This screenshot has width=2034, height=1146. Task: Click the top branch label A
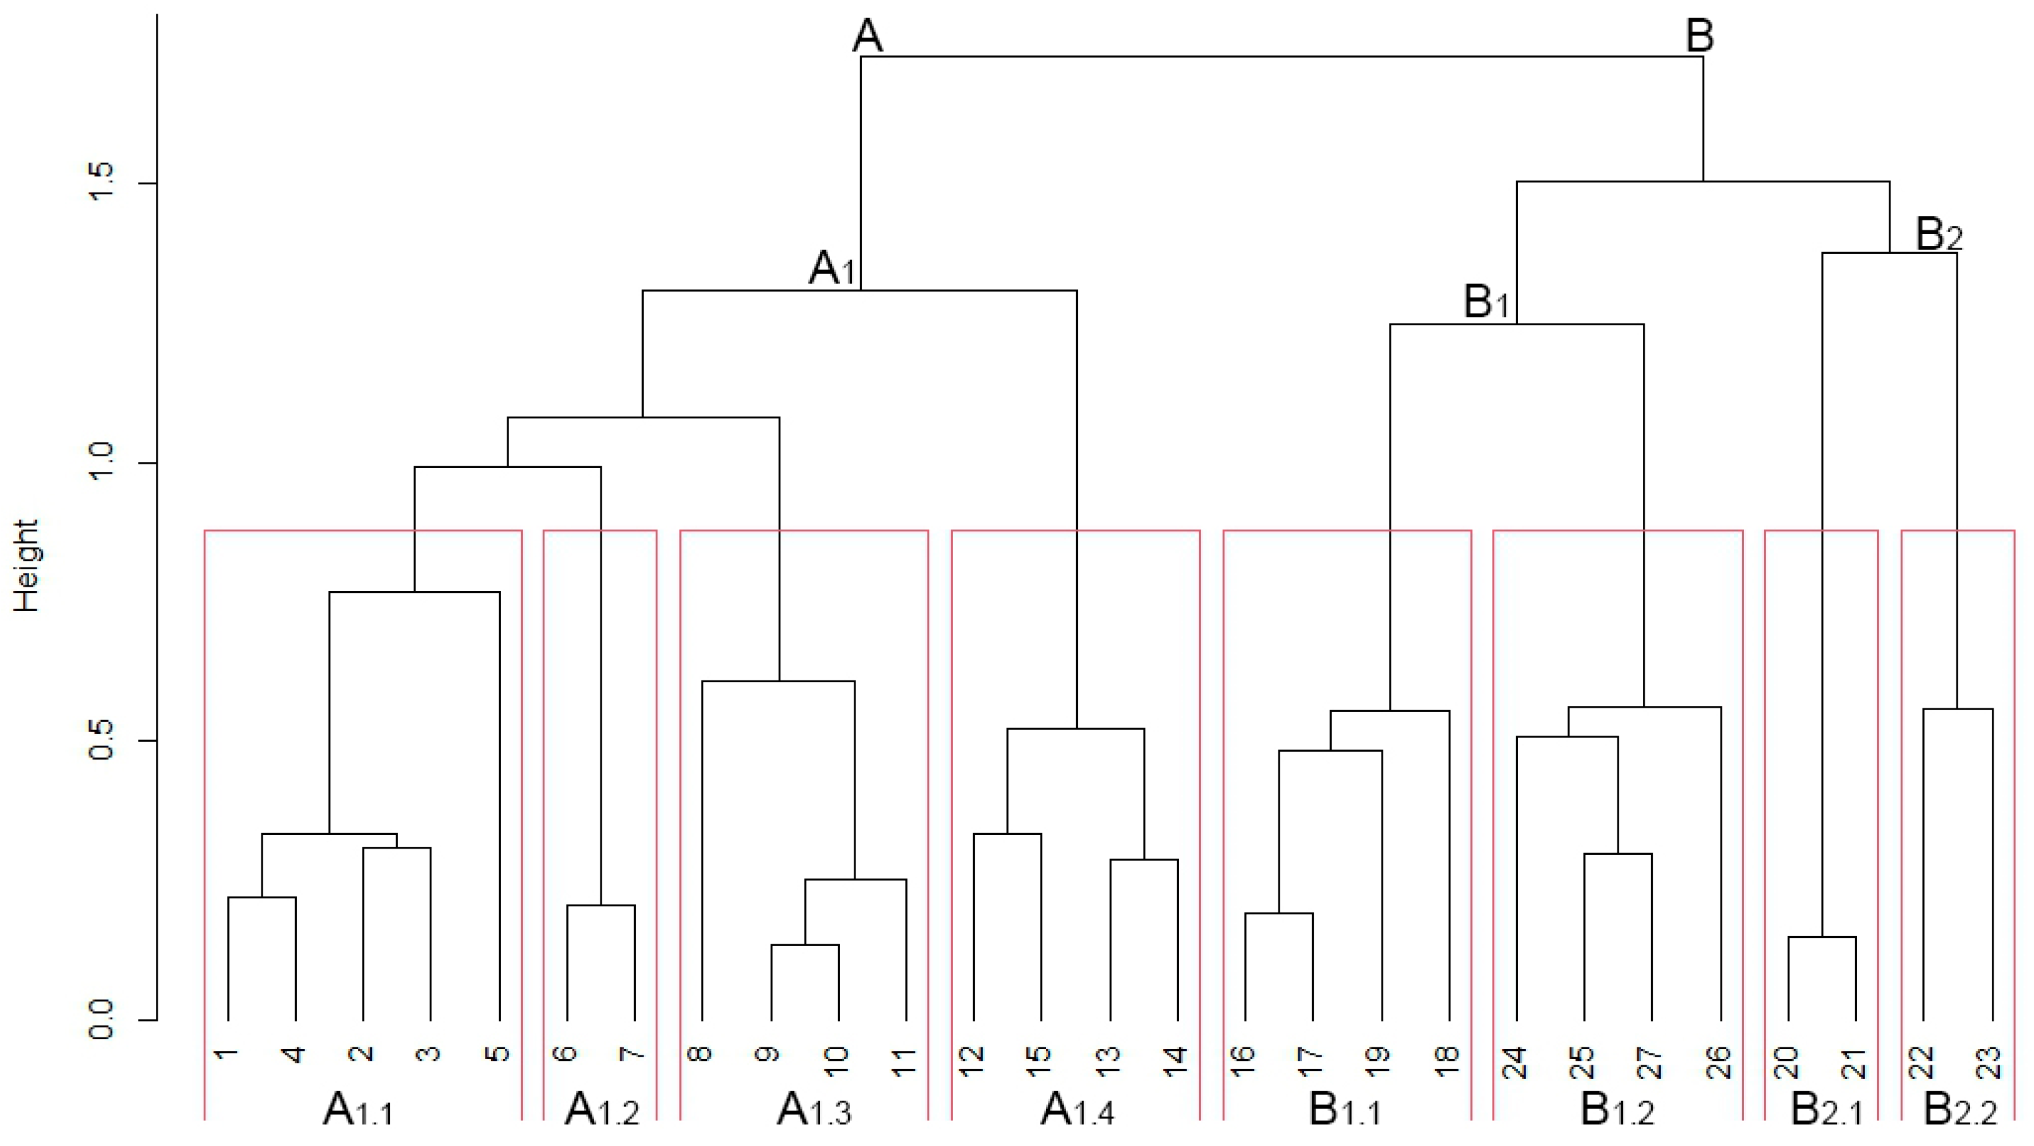tap(867, 35)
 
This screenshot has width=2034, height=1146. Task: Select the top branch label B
tap(1699, 35)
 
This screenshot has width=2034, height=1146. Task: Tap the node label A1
tap(831, 268)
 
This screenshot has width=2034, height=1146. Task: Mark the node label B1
tap(1486, 302)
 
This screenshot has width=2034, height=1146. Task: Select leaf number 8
tap(701, 1053)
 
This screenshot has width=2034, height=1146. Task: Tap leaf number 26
tap(1720, 1062)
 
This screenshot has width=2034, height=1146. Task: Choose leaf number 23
tap(1991, 1062)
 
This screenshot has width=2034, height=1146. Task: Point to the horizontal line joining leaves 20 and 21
tap(1822, 937)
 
